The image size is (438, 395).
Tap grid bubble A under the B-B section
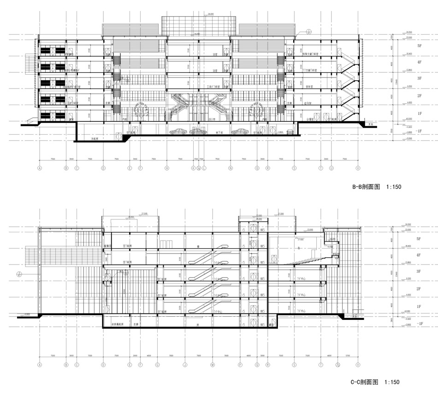pos(40,169)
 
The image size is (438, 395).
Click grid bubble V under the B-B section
pos(358,169)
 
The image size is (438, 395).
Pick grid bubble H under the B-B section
pos(167,169)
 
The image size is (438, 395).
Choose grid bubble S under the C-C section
pos(294,365)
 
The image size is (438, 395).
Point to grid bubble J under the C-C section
pos(185,365)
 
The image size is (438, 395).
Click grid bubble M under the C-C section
pos(213,365)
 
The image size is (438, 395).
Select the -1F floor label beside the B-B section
pos(419,131)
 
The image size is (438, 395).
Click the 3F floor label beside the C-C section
pos(419,272)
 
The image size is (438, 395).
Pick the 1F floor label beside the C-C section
pos(419,307)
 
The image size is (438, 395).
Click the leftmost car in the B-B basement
pos(178,132)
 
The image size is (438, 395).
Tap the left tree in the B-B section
pos(140,111)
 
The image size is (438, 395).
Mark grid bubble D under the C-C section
pos(103,365)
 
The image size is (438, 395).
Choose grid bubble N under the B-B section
pos(230,169)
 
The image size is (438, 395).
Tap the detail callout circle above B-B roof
pos(309,32)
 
